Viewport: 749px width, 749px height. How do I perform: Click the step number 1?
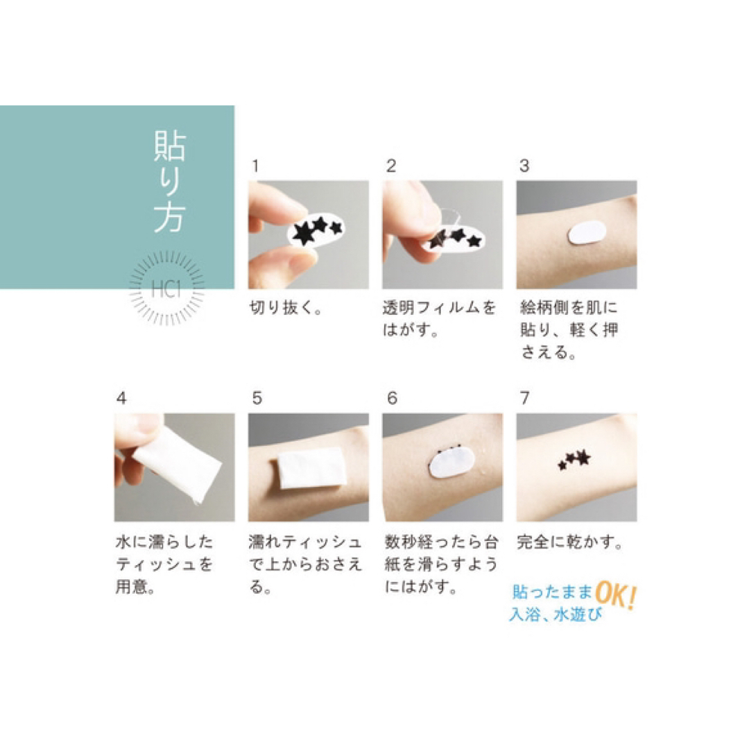click(x=255, y=166)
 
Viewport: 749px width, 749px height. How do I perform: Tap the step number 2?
click(x=391, y=166)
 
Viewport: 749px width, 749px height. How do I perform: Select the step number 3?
click(x=524, y=166)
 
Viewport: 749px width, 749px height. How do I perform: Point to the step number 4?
click(x=121, y=398)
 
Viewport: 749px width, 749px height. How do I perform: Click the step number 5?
click(x=257, y=398)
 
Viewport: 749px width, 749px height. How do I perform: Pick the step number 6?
click(x=392, y=398)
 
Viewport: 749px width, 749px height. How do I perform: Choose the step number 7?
click(x=524, y=398)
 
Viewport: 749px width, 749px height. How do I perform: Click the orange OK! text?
click(x=616, y=595)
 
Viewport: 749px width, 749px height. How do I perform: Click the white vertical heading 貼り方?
click(x=170, y=182)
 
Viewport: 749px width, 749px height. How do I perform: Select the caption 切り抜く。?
click(x=286, y=308)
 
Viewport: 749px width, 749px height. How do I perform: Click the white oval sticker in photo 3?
click(x=587, y=232)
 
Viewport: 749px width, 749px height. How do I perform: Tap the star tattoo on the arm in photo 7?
click(x=575, y=460)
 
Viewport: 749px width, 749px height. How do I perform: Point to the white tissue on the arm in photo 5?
click(x=313, y=468)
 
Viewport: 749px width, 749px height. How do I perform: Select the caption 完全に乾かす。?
click(x=570, y=542)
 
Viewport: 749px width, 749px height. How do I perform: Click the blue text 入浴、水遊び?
click(x=556, y=614)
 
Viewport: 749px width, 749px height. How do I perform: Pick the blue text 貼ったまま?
click(x=552, y=592)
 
